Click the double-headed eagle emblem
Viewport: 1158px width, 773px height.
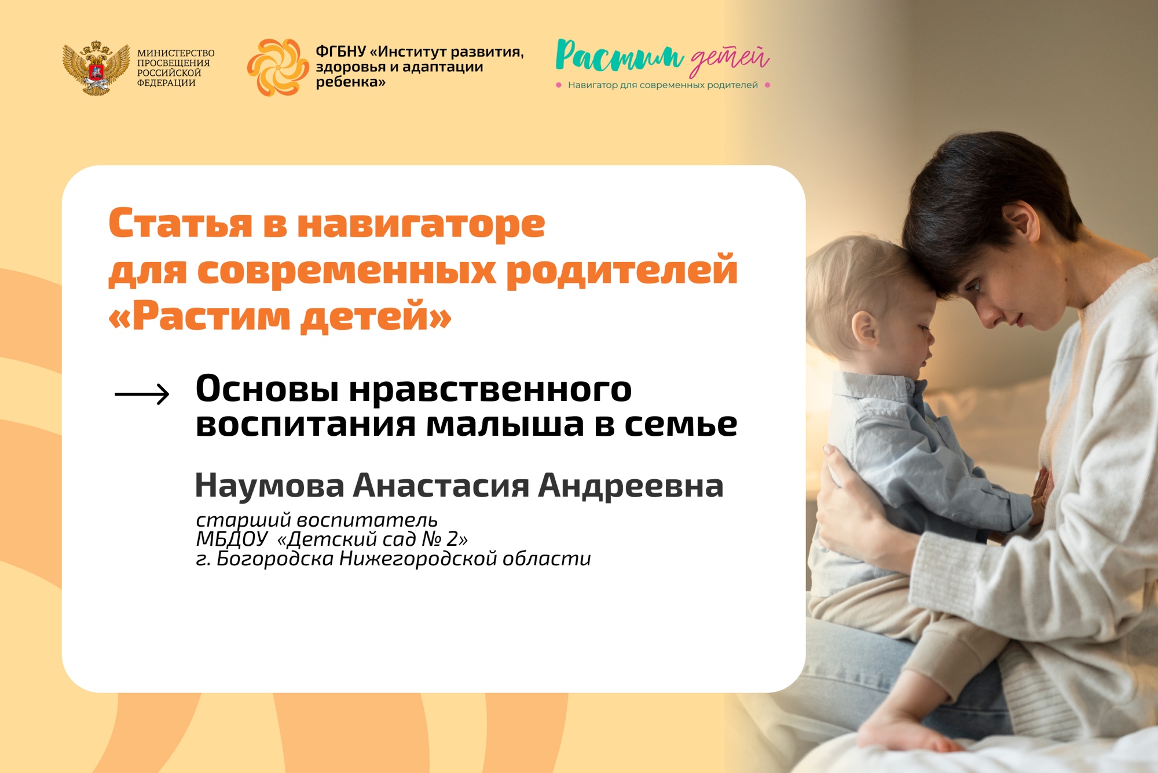96,68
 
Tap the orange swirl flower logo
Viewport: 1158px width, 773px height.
277,67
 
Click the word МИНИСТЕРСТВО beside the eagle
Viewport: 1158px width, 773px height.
175,53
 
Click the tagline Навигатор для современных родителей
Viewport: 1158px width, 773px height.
662,85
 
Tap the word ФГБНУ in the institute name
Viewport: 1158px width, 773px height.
340,52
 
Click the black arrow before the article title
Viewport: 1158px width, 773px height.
142,394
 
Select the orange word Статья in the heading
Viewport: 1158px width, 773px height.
181,224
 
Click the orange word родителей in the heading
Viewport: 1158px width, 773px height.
622,271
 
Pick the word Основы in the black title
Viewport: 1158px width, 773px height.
267,389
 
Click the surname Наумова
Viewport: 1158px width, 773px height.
269,486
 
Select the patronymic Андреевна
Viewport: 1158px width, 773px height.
631,486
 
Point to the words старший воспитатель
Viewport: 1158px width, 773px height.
317,520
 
